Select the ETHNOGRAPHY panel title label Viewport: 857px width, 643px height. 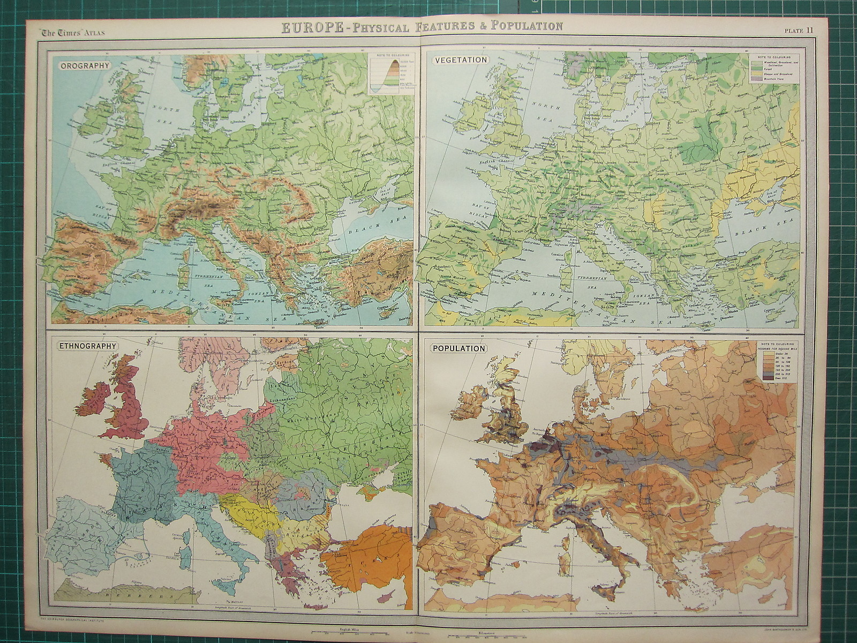coord(87,346)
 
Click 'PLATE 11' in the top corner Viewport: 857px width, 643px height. coord(799,31)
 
